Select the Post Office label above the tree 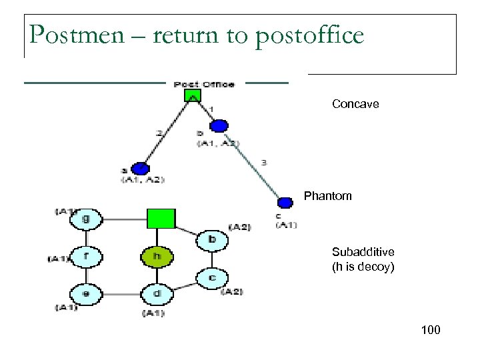204,84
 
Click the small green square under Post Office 193,96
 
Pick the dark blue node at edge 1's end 219,125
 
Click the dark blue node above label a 140,169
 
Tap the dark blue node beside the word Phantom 285,202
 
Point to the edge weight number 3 264,162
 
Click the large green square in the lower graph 161,218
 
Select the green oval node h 156,256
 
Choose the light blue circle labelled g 86,218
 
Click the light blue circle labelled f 86,256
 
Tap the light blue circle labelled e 86,293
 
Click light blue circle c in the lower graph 211,277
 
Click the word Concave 355,104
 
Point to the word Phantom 327,196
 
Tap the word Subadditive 363,252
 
